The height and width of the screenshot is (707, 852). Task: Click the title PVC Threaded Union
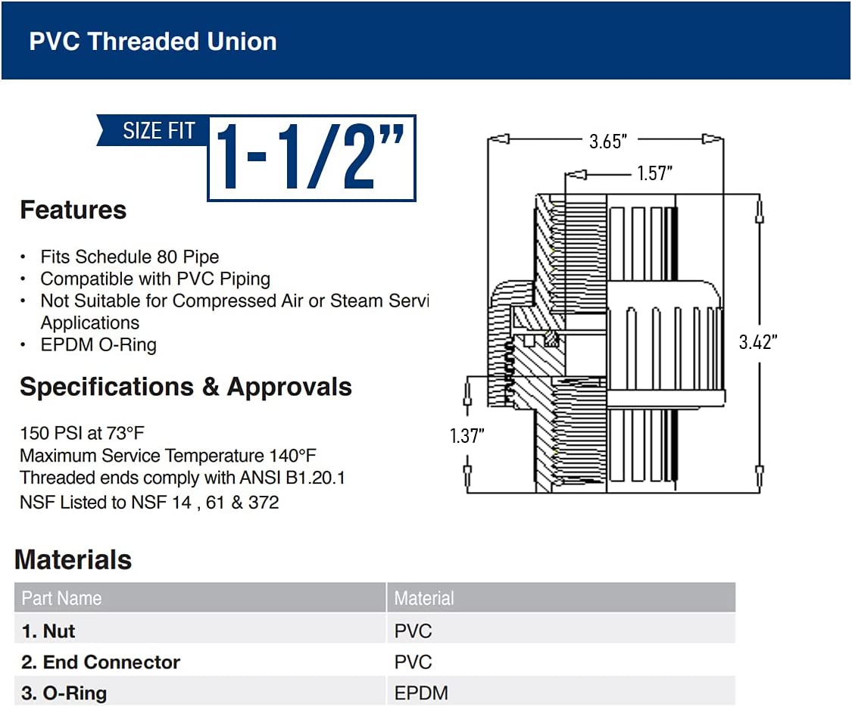pyautogui.click(x=152, y=41)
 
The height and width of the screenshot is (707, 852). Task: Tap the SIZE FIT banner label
pyautogui.click(x=158, y=131)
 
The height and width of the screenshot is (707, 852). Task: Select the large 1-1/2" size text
pyautogui.click(x=311, y=157)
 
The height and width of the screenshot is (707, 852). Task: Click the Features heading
pyautogui.click(x=73, y=210)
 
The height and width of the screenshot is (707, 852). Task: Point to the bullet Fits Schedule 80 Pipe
pyautogui.click(x=130, y=257)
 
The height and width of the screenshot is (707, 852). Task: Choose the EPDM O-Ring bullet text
pyautogui.click(x=98, y=345)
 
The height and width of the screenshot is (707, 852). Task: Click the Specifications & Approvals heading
pyautogui.click(x=186, y=387)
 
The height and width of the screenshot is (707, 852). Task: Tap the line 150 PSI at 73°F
pyautogui.click(x=82, y=433)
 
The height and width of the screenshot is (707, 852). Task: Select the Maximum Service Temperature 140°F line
pyautogui.click(x=167, y=456)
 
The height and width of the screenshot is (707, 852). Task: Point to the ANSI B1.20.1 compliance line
pyautogui.click(x=182, y=478)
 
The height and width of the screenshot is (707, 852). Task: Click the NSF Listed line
pyautogui.click(x=149, y=502)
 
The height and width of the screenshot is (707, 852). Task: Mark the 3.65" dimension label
pyautogui.click(x=608, y=141)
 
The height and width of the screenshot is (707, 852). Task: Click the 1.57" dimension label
pyautogui.click(x=654, y=174)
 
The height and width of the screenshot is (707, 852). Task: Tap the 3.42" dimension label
pyautogui.click(x=758, y=341)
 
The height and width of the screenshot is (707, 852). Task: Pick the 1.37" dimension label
pyautogui.click(x=467, y=436)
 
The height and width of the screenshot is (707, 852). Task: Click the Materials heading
pyautogui.click(x=73, y=559)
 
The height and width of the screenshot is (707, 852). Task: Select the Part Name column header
pyautogui.click(x=61, y=598)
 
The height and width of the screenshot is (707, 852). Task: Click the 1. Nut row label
pyautogui.click(x=48, y=631)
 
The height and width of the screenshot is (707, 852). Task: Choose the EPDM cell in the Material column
pyautogui.click(x=421, y=693)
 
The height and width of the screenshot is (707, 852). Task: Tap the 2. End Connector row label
pyautogui.click(x=101, y=662)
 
